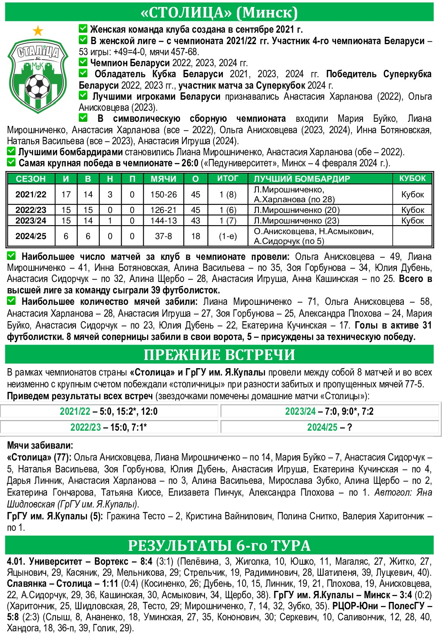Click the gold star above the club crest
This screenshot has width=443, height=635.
(x=38, y=30)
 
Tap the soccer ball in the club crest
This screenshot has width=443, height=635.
(x=38, y=86)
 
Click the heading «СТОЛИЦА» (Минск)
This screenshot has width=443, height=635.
(x=219, y=12)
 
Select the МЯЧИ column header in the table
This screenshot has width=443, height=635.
(x=163, y=179)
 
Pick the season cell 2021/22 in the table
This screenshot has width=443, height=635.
(x=31, y=195)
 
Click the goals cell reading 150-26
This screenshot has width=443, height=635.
(x=163, y=195)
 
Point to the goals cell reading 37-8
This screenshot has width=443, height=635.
(x=163, y=236)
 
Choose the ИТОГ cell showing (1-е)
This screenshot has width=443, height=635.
(x=228, y=236)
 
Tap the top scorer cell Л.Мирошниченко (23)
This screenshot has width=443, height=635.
(x=296, y=221)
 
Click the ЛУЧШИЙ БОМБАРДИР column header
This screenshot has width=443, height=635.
(x=302, y=179)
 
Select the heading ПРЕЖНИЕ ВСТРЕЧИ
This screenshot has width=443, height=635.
(x=219, y=355)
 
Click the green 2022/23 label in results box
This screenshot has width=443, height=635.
(x=85, y=427)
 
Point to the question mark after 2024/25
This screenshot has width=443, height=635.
(x=350, y=427)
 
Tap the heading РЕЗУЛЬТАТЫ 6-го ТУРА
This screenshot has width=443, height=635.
(x=219, y=546)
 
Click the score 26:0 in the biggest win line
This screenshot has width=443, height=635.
(x=190, y=163)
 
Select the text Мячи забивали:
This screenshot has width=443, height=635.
(x=40, y=445)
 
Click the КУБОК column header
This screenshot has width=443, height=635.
(x=412, y=179)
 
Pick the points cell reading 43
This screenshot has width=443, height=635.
(x=196, y=221)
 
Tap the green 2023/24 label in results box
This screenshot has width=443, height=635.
(x=300, y=411)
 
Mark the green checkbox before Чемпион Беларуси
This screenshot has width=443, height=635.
(x=83, y=62)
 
